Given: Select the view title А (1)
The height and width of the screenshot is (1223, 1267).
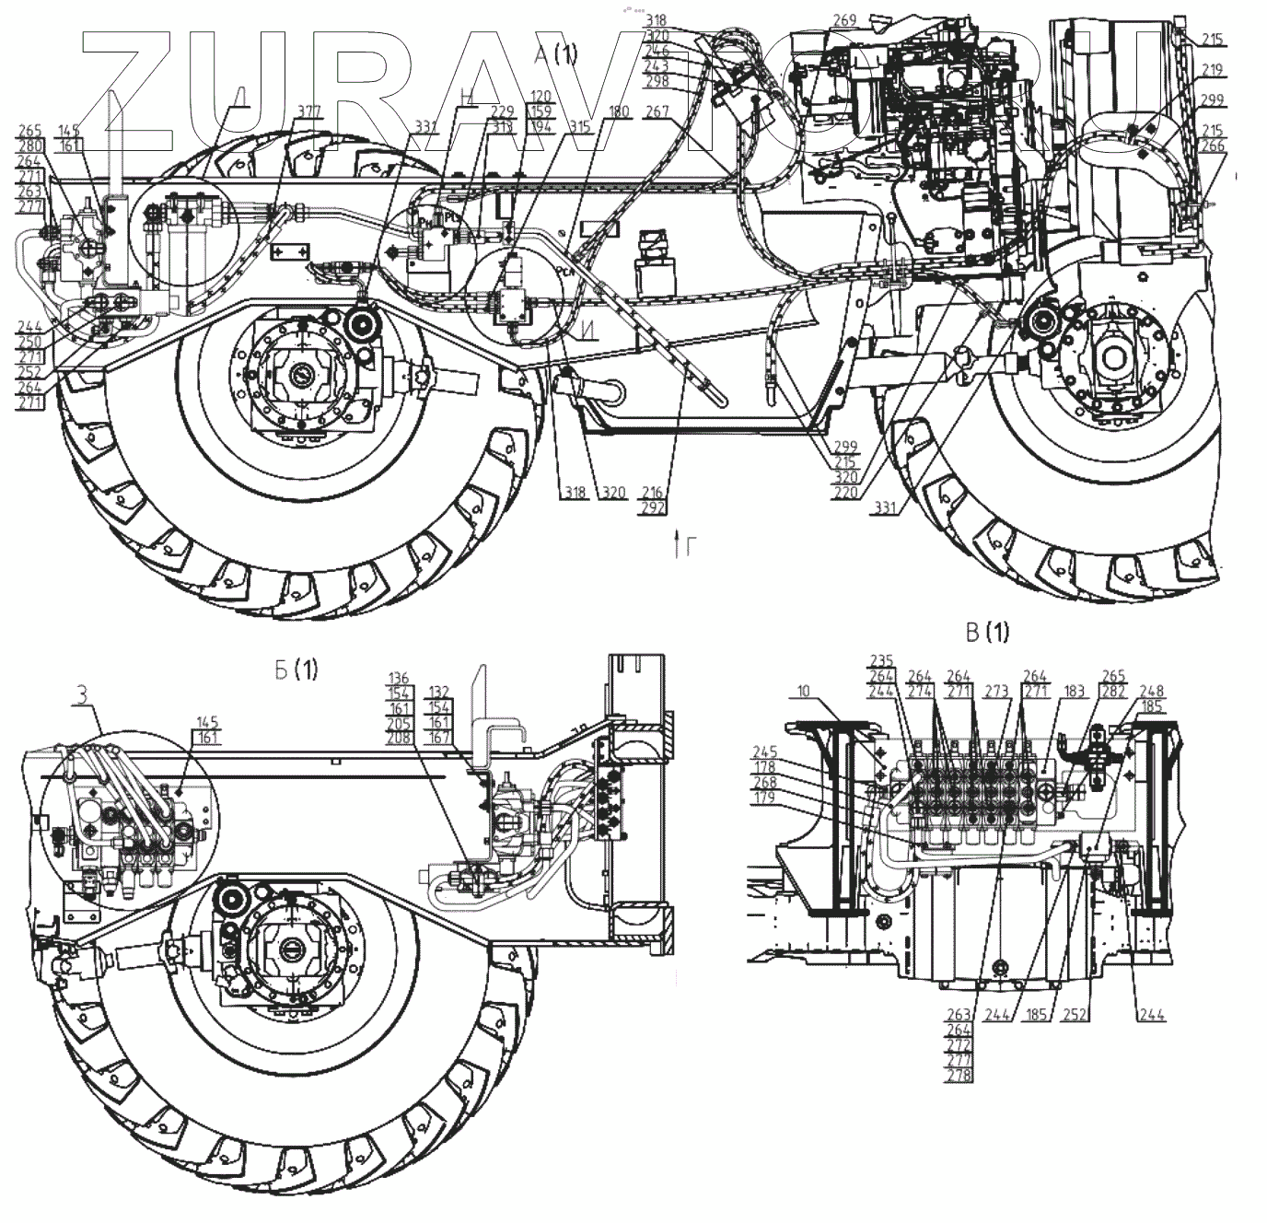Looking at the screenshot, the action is point(556,54).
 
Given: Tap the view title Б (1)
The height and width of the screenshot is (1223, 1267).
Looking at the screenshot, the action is point(296,670).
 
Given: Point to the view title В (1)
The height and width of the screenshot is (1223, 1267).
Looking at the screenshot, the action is point(987,632).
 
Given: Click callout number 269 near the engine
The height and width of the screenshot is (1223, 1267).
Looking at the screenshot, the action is point(844,20).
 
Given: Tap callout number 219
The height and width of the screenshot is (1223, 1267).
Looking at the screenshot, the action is point(1213,69).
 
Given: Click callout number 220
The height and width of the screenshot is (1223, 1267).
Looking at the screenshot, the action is point(846,492).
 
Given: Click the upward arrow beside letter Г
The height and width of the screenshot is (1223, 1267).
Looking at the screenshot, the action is point(678,545).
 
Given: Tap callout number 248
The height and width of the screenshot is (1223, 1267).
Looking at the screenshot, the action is point(1152,691).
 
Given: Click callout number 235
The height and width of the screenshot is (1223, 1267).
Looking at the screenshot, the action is point(882,660).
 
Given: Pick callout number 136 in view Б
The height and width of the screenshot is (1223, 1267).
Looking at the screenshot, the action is point(399,678).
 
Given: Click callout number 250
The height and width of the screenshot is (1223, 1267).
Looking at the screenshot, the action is point(29,341).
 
